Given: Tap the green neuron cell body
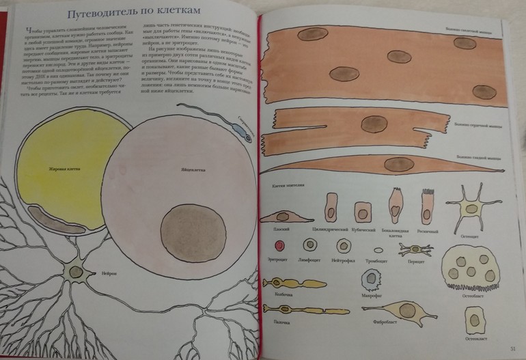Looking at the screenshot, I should tap(72, 273).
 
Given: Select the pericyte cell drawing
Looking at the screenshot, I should tap(415, 249).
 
